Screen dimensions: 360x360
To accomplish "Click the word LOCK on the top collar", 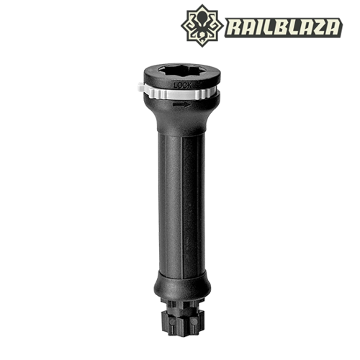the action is (183, 86).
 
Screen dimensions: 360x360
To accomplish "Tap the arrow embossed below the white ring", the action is (182, 104).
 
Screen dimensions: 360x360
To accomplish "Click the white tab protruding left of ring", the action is (141, 87).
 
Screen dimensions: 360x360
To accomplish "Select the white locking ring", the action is (178, 93).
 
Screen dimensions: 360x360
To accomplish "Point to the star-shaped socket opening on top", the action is (182, 71).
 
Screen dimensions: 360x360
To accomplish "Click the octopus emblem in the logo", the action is (202, 26).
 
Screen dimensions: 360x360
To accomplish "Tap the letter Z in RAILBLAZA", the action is (315, 27).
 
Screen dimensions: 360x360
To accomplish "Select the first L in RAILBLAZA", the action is (261, 27).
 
